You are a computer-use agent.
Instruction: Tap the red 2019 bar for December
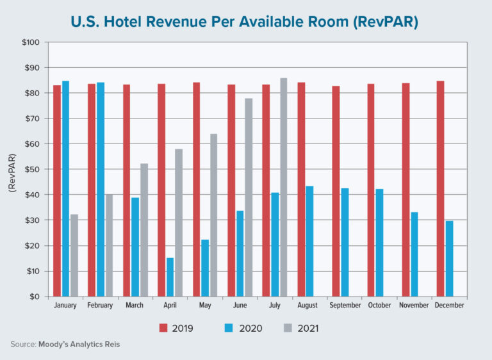tap(440, 188)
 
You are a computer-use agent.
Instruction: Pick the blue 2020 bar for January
tap(65, 188)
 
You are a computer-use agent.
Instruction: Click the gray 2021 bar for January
tap(74, 255)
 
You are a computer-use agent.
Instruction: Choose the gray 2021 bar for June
tap(249, 197)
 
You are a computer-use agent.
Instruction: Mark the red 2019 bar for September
tap(336, 191)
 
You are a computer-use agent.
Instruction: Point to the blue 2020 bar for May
tap(205, 268)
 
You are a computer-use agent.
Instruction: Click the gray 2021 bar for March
tap(144, 230)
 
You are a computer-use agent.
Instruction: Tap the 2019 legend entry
tap(176, 329)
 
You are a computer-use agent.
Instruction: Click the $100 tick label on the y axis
tap(31, 42)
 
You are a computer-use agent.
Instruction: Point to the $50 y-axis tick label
tap(32, 169)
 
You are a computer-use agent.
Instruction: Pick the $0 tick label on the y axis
tap(35, 297)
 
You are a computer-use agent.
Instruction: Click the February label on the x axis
tap(100, 306)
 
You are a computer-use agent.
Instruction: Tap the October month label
tap(379, 306)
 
